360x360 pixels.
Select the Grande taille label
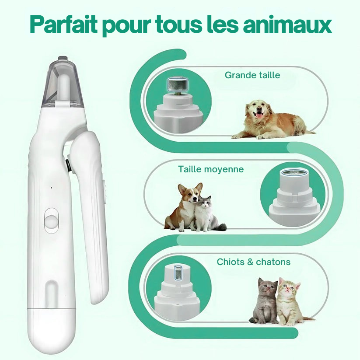click(252, 75)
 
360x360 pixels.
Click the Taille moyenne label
click(211, 169)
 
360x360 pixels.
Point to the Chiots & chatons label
click(253, 262)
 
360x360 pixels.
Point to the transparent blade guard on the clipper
click(63, 83)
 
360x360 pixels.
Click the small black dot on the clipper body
click(51, 188)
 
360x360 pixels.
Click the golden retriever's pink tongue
click(259, 115)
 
